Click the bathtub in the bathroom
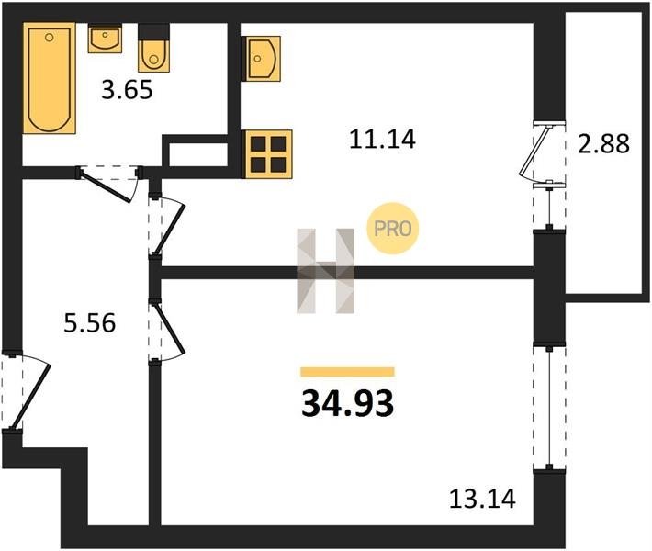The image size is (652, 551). click(48, 81)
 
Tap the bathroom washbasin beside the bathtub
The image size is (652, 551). click(104, 40)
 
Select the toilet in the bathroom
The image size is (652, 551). click(152, 54)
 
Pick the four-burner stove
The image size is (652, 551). click(267, 152)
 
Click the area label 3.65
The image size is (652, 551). click(126, 91)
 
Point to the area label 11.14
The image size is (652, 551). click(382, 141)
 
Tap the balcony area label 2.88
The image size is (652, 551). click(603, 146)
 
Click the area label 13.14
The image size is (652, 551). click(482, 500)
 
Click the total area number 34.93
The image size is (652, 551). click(347, 403)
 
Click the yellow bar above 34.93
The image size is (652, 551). click(347, 372)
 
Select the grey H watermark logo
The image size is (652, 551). click(325, 271)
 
